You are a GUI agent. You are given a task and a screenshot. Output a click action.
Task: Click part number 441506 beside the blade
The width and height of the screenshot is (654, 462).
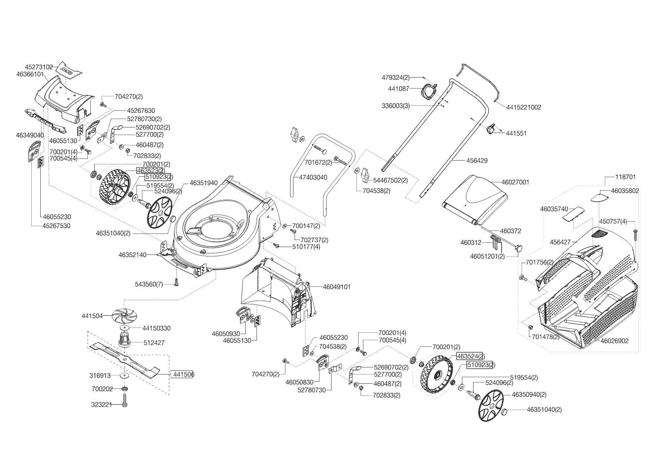click(183, 374)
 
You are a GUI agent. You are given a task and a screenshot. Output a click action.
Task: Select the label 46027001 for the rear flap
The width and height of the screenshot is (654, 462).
click(515, 182)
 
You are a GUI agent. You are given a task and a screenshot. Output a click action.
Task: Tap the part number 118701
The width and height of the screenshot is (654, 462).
click(626, 177)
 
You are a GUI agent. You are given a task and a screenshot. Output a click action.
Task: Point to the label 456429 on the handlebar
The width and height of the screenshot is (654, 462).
click(477, 161)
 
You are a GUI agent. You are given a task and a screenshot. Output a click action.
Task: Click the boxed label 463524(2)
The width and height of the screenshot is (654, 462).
click(471, 356)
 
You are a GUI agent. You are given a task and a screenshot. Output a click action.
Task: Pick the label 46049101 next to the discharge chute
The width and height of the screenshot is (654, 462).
click(336, 287)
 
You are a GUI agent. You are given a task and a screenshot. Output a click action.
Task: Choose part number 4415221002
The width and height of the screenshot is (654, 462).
click(524, 107)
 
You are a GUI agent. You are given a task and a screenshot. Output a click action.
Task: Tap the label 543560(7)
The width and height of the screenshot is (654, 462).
click(149, 284)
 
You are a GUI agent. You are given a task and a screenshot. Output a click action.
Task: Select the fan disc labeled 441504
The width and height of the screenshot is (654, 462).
click(124, 316)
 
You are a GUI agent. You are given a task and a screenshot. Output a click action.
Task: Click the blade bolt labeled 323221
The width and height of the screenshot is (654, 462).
click(125, 404)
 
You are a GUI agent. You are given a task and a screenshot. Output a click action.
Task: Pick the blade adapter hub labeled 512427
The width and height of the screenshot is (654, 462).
click(125, 340)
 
